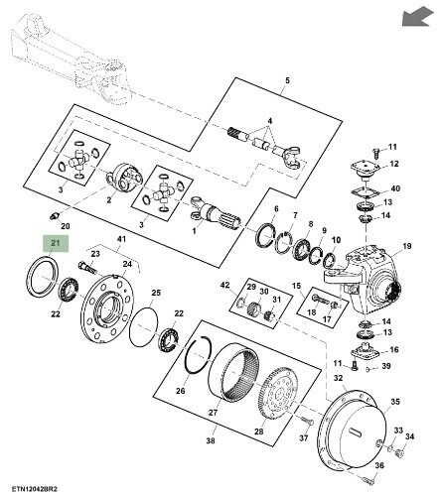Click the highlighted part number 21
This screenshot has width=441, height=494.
(x=55, y=243)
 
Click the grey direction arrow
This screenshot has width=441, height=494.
(x=418, y=17)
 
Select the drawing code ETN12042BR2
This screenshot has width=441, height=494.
(x=32, y=488)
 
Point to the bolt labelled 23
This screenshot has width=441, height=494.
(x=87, y=267)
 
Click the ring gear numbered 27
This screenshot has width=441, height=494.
(x=234, y=371)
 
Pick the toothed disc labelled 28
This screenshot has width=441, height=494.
(x=278, y=394)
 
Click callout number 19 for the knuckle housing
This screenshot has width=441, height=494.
(x=407, y=246)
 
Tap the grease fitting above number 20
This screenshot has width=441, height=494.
(x=55, y=216)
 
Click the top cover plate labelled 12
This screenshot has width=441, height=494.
(x=366, y=168)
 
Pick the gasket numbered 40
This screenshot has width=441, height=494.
(x=364, y=191)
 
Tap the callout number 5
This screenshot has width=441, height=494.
(x=287, y=80)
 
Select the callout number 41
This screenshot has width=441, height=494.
(x=121, y=239)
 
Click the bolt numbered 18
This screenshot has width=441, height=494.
(x=320, y=300)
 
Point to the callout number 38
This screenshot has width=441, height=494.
(x=211, y=440)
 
